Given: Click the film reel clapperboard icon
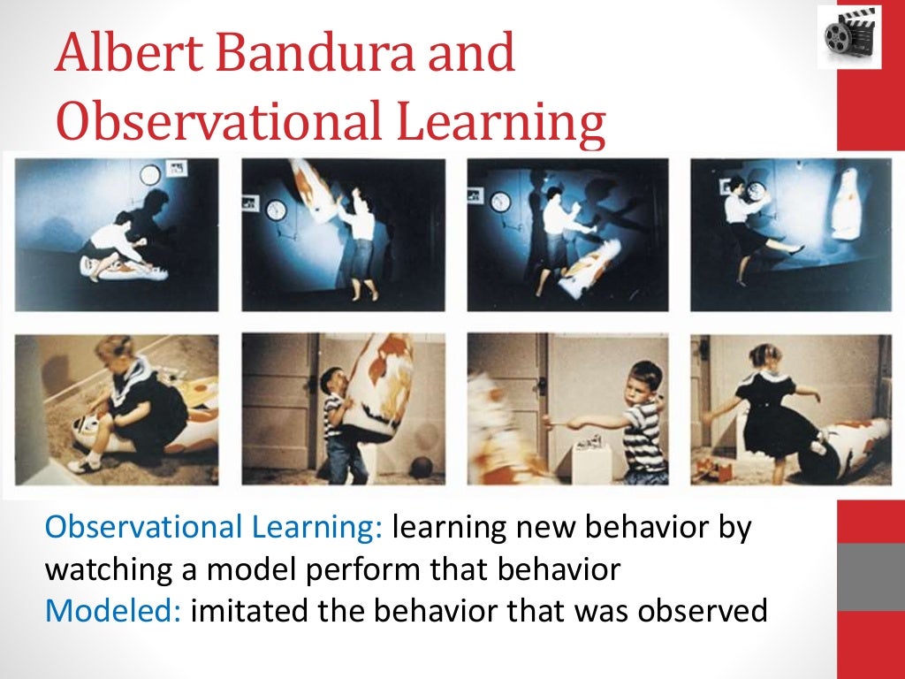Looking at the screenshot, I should [x=848, y=36].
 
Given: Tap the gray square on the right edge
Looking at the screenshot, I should [x=870, y=576].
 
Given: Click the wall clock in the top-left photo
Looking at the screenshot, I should [x=149, y=175].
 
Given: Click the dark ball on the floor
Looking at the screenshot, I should [x=422, y=466].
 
